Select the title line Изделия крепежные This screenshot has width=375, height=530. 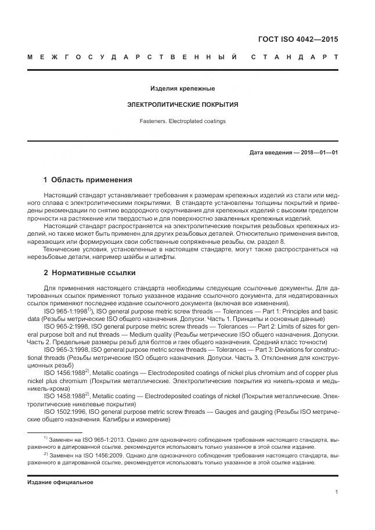(x=182, y=89)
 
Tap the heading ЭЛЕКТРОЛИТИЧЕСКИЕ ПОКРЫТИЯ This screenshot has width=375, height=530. (x=182, y=105)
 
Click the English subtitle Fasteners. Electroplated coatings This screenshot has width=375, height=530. (x=182, y=121)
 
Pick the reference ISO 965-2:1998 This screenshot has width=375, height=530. (x=67, y=327)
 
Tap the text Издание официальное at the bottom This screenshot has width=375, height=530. (x=60, y=482)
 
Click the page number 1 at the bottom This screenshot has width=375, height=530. (x=337, y=492)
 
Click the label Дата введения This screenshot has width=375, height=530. (x=271, y=153)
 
